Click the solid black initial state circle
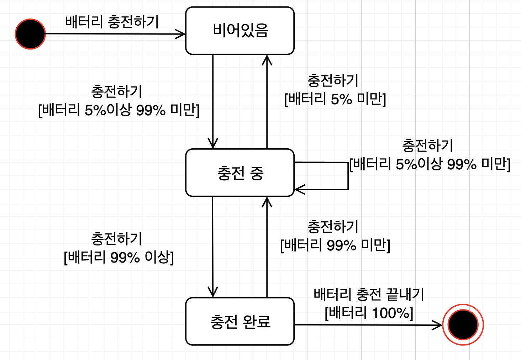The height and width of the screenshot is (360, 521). coord(30,34)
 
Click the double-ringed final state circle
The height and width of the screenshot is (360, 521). coord(463,324)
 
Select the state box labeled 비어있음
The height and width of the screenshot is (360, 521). coord(240,31)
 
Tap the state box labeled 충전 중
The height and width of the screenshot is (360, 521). coord(240,173)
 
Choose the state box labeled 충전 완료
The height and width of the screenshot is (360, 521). coord(240,321)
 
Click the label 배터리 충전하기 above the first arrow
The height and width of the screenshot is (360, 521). coord(112,22)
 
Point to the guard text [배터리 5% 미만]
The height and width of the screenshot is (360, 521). coord(335,99)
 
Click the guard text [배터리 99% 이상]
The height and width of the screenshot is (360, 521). coord(119,257)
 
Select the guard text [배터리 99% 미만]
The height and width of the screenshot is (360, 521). coord(335,245)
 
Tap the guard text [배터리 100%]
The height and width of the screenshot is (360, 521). coord(369,313)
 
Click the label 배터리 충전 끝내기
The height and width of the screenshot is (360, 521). coord(369,295)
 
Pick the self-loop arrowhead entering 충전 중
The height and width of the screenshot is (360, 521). coord(299,189)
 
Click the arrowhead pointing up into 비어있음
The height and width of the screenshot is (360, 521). coord(267,60)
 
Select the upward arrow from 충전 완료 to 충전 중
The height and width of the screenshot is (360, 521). coord(267,249)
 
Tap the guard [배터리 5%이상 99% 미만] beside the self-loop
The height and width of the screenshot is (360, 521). coord(430,164)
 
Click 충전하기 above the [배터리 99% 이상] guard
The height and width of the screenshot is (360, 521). coord(117,239)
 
